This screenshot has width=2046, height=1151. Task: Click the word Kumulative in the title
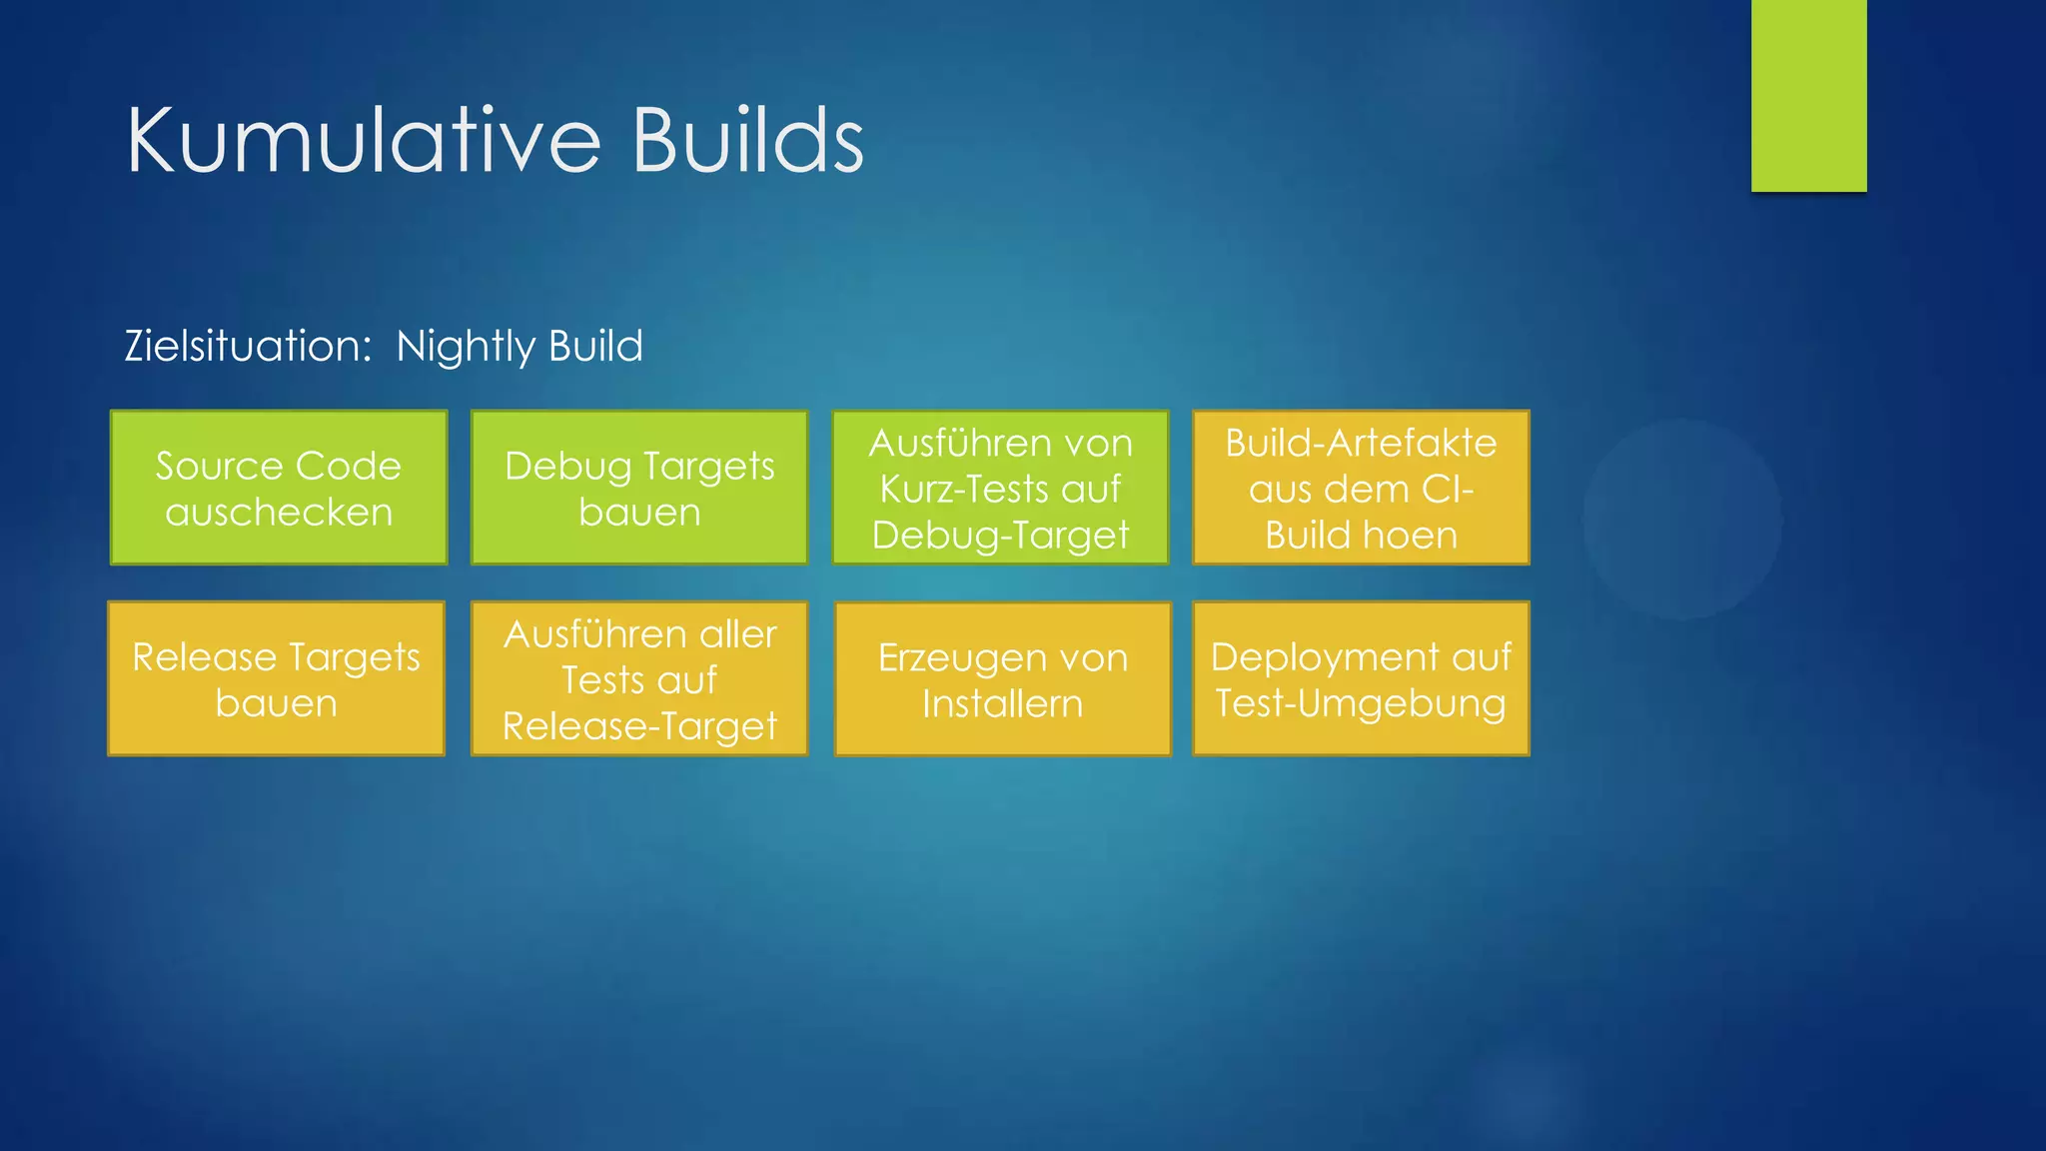pyautogui.click(x=363, y=141)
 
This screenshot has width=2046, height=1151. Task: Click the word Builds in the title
pyautogui.click(x=747, y=141)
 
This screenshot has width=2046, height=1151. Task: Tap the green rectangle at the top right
pyautogui.click(x=1808, y=95)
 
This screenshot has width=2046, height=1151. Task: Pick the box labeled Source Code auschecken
pyautogui.click(x=279, y=488)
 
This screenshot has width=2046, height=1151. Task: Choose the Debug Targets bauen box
pyautogui.click(x=639, y=488)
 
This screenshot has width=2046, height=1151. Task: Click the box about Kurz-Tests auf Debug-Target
pyautogui.click(x=1000, y=488)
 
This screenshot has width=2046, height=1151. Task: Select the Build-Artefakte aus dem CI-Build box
pyautogui.click(x=1361, y=488)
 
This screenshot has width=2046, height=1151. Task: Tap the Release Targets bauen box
pyautogui.click(x=276, y=678)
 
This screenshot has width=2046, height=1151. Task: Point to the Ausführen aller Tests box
pyautogui.click(x=639, y=678)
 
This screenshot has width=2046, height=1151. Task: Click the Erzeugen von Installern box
pyautogui.click(x=1002, y=679)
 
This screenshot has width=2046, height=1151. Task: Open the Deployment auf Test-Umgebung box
pyautogui.click(x=1361, y=678)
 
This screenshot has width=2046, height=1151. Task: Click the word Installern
pyautogui.click(x=1002, y=703)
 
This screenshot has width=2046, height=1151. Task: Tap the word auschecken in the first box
pyautogui.click(x=279, y=512)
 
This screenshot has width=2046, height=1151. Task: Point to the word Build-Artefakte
pyautogui.click(x=1361, y=443)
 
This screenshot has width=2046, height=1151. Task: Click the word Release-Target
pyautogui.click(x=639, y=726)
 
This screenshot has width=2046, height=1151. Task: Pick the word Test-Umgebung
pyautogui.click(x=1361, y=703)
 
